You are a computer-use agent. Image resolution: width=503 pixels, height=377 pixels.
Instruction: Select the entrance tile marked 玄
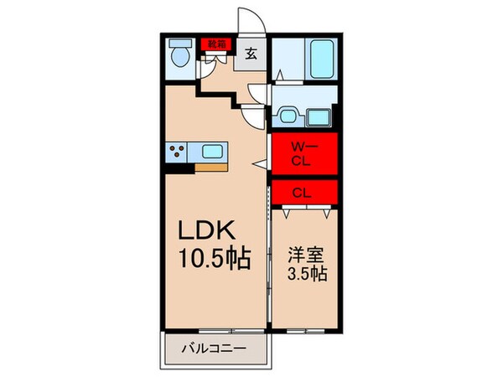point(251,54)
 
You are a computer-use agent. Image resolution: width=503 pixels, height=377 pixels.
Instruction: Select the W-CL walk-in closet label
point(302,153)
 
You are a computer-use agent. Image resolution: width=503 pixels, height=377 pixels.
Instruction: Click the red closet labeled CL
point(303,192)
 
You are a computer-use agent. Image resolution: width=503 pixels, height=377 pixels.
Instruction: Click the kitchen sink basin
point(212,152)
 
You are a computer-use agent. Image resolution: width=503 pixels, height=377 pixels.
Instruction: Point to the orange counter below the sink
point(209,168)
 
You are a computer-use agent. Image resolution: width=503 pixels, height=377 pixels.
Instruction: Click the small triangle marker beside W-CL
point(262,163)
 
